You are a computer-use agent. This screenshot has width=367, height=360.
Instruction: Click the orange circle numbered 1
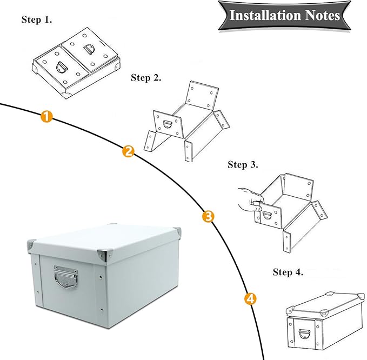(47, 116)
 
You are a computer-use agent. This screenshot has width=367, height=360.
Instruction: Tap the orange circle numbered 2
(128, 151)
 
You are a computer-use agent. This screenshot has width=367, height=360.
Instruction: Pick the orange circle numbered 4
(250, 298)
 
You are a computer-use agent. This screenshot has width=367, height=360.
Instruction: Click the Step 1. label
(37, 20)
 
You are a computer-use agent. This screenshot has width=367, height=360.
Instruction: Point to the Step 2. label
(146, 78)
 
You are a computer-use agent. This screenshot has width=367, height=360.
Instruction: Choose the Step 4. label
(288, 272)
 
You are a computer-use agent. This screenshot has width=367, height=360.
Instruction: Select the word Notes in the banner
(321, 15)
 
